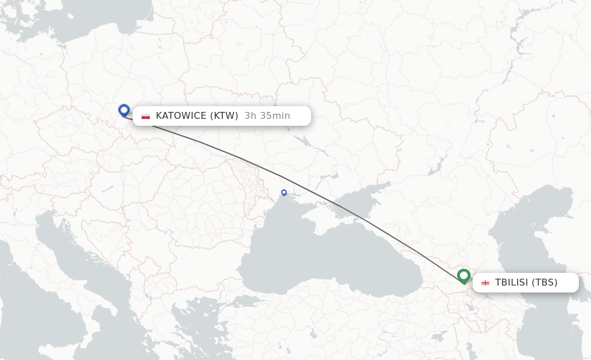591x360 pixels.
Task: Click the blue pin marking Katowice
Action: (x=124, y=110)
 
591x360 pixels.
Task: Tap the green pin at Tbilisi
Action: (x=463, y=276)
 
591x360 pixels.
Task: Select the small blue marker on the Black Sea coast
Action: (x=284, y=193)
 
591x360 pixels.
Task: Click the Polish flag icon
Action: (x=145, y=116)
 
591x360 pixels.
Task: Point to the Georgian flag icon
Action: (x=485, y=283)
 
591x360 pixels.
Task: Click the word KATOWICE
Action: (x=181, y=116)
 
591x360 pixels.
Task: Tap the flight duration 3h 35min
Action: (x=267, y=116)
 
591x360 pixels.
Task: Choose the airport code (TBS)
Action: (x=544, y=283)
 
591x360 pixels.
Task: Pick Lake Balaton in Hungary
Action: (x=107, y=188)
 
